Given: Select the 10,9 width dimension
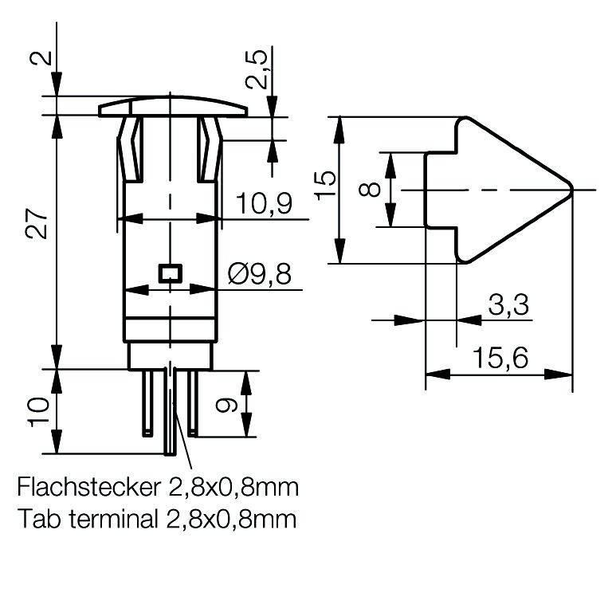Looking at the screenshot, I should click(x=264, y=205).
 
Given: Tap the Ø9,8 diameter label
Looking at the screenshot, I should click(x=259, y=275).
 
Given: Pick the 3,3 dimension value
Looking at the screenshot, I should click(x=508, y=305).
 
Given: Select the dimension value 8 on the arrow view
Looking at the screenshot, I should click(x=369, y=190).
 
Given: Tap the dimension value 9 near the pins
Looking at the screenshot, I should click(x=227, y=406).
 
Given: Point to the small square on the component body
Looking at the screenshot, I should click(x=170, y=273).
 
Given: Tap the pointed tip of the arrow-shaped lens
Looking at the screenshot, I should click(x=570, y=190).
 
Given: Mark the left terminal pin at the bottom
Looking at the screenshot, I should click(x=147, y=403).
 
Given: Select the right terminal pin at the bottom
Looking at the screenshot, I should click(x=192, y=403).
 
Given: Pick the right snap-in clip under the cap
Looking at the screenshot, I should click(x=211, y=147).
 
